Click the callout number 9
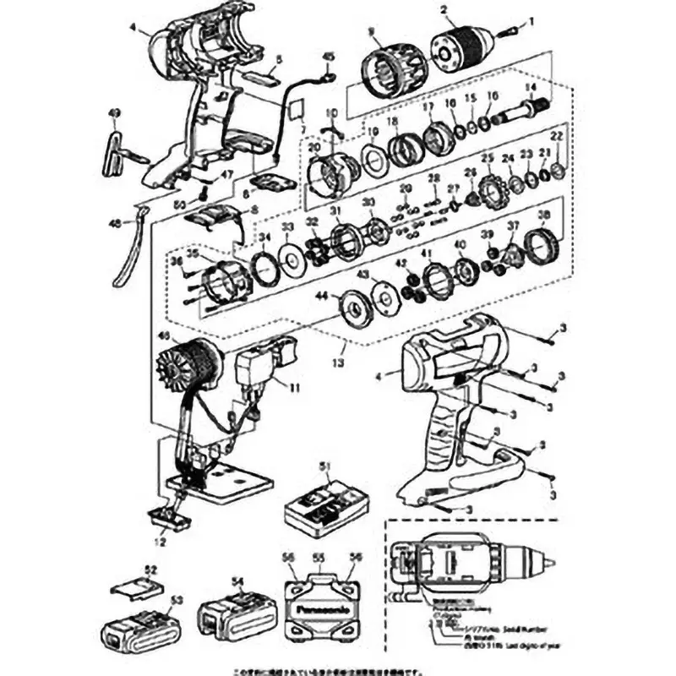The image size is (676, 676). (x=370, y=31)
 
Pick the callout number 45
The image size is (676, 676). (x=329, y=57)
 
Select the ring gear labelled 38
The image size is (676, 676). (x=540, y=245)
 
